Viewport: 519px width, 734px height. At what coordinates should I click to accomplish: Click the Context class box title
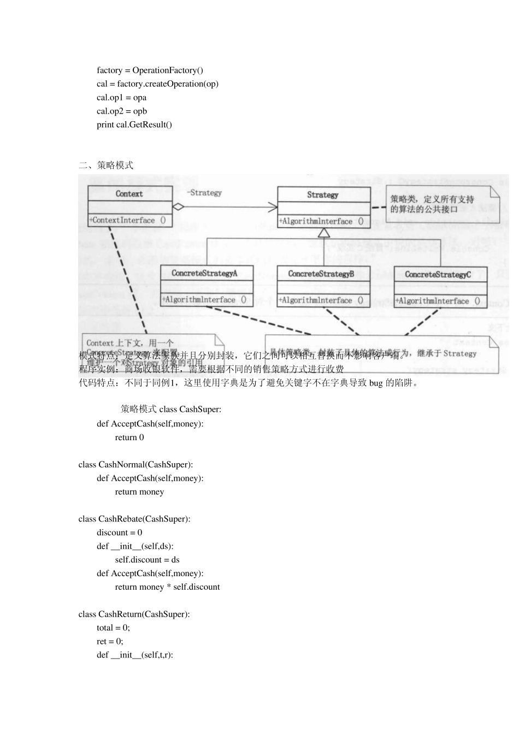click(x=129, y=194)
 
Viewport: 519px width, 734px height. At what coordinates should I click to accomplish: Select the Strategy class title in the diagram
click(x=322, y=195)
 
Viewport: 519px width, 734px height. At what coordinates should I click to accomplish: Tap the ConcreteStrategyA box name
click(x=204, y=273)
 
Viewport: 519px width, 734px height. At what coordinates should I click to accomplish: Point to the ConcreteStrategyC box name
click(x=438, y=274)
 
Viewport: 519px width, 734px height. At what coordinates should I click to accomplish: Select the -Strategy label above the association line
click(x=204, y=193)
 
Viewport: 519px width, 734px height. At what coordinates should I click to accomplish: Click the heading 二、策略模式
click(x=106, y=165)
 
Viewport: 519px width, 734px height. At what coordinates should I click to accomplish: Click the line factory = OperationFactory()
click(x=150, y=70)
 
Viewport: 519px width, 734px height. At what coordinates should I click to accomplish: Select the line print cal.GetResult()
click(x=134, y=125)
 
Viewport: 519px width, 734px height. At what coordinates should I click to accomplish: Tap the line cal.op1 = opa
click(x=121, y=98)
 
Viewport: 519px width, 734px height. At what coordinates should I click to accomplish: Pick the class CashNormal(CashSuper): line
click(x=135, y=465)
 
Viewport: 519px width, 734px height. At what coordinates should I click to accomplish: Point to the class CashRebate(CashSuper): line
click(x=134, y=519)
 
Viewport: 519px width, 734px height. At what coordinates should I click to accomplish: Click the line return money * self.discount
click(x=167, y=587)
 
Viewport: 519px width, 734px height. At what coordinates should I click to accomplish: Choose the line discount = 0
click(x=119, y=532)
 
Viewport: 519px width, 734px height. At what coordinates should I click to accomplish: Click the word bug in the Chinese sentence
click(x=376, y=383)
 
